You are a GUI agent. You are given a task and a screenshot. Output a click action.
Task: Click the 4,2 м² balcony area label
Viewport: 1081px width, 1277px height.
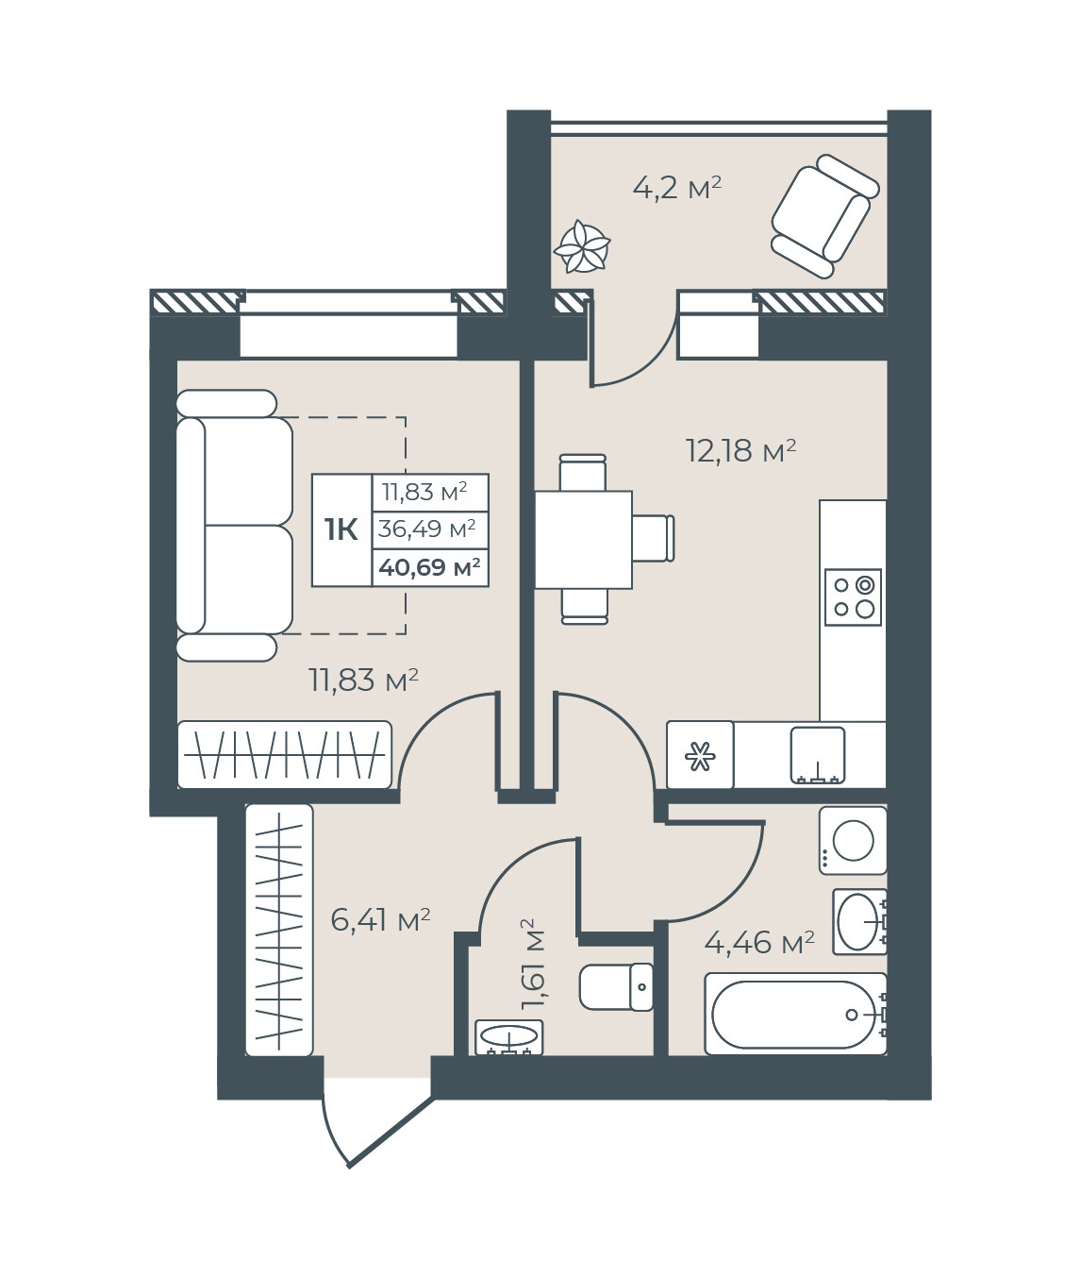tap(676, 188)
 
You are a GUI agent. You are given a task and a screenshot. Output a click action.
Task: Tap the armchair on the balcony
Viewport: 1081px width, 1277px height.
tap(824, 215)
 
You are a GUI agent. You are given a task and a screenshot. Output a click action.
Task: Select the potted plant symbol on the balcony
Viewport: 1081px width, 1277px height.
tap(582, 247)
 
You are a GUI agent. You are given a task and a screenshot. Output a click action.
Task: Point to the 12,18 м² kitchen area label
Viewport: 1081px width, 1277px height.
tap(740, 451)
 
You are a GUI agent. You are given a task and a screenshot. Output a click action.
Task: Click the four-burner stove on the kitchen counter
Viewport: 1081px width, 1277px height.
tap(853, 597)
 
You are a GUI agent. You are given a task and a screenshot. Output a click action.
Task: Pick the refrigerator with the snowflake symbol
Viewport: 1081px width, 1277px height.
tap(700, 755)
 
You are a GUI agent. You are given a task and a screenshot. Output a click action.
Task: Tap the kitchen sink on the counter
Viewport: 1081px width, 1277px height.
tap(818, 756)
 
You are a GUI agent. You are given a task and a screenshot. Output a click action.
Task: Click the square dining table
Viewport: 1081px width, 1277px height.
tap(583, 540)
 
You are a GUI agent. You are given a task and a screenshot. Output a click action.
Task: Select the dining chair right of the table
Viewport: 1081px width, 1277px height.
tap(653, 538)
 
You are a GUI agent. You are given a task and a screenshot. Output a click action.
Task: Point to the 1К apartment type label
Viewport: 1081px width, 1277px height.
tap(341, 529)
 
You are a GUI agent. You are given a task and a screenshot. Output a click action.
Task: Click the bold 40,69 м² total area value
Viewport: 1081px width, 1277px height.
tap(430, 567)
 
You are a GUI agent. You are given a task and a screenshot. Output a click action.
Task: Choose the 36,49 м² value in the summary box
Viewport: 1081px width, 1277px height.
tap(426, 529)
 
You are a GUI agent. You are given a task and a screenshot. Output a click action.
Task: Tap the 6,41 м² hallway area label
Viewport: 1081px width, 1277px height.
tap(380, 920)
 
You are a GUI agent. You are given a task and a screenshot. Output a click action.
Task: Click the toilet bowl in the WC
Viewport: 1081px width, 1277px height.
tap(616, 986)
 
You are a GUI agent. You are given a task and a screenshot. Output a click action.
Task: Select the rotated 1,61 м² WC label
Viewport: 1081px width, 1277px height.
tap(532, 964)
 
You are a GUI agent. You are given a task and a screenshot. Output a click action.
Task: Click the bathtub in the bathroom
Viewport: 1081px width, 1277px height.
tap(796, 1014)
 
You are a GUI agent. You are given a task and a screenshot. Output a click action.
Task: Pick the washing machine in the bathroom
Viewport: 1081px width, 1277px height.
tap(853, 840)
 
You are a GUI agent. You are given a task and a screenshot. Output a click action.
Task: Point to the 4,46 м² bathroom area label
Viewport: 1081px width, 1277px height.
tap(759, 944)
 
